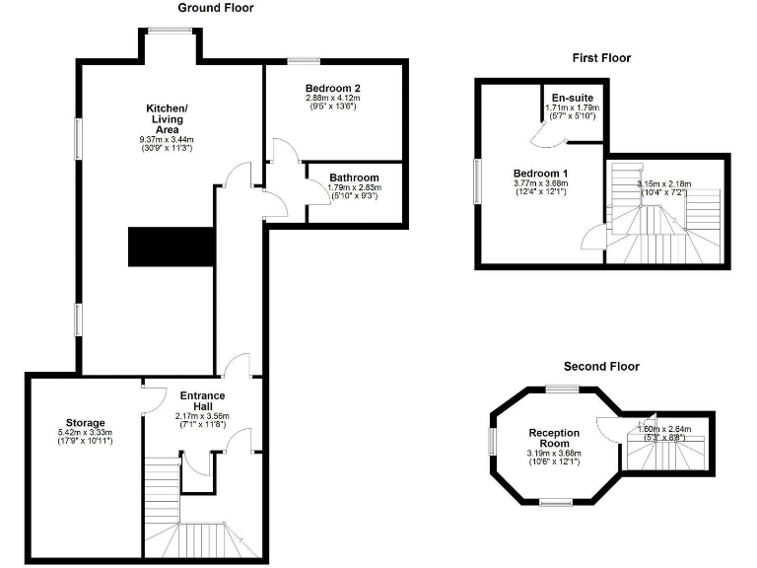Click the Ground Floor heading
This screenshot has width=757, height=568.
pyautogui.click(x=215, y=8)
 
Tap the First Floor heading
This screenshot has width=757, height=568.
pyautogui.click(x=601, y=58)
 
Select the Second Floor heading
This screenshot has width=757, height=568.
pyautogui.click(x=600, y=366)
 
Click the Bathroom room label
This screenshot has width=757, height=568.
pyautogui.click(x=354, y=177)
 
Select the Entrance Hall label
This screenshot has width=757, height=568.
pyautogui.click(x=201, y=402)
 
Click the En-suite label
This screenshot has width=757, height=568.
pyautogui.click(x=572, y=98)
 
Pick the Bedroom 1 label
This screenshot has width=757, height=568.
pyautogui.click(x=540, y=173)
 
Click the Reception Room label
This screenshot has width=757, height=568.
pyautogui.click(x=554, y=439)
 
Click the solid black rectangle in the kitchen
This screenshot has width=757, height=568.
pyautogui.click(x=171, y=247)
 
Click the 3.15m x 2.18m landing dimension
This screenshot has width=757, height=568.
pyautogui.click(x=664, y=183)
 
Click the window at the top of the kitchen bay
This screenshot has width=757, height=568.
pyautogui.click(x=167, y=31)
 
